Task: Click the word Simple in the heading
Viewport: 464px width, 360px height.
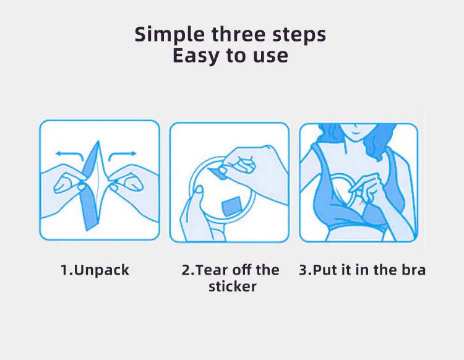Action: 170,35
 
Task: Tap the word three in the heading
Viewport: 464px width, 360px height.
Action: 239,34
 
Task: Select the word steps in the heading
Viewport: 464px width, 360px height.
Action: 299,35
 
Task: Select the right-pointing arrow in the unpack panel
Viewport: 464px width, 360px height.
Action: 122,155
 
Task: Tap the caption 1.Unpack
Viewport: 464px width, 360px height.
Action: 95,270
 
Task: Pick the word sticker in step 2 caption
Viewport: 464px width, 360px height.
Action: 233,286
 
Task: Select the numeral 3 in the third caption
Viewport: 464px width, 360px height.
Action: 303,270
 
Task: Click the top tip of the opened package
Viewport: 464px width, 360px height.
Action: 98,142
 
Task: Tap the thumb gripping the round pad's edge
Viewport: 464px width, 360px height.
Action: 197,191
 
